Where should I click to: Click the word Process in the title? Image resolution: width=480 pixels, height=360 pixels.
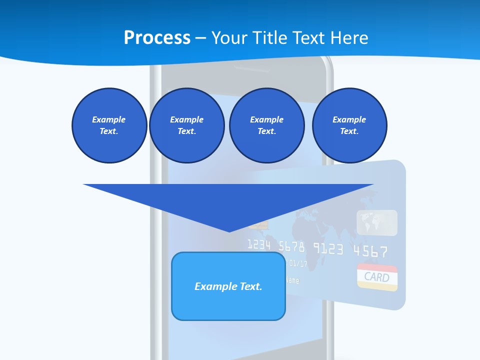[x=157, y=38]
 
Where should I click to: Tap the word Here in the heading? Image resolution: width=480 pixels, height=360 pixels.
[x=350, y=38]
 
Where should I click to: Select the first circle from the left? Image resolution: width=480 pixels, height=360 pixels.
[x=109, y=125]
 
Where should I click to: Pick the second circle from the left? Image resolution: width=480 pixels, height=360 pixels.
[x=186, y=125]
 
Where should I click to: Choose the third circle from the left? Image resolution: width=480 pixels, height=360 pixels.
[x=266, y=125]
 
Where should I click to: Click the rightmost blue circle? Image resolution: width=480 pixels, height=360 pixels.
[x=349, y=125]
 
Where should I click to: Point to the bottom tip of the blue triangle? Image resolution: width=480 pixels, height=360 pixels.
[x=229, y=230]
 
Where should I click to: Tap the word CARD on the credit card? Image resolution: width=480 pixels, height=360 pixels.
[x=377, y=277]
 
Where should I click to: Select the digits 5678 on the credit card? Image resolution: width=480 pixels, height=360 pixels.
[x=291, y=246]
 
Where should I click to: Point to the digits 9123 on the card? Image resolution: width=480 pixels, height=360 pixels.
[x=328, y=248]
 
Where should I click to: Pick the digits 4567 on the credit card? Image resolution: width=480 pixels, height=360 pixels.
[x=370, y=250]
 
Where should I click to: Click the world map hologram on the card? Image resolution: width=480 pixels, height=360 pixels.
[x=377, y=222]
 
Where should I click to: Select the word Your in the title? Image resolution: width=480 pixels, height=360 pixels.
[x=229, y=38]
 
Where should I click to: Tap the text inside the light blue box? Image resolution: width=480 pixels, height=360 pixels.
[x=228, y=286]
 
